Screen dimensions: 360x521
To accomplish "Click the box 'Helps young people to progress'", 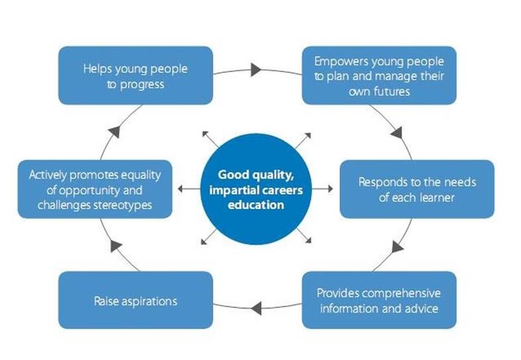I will [x=136, y=75].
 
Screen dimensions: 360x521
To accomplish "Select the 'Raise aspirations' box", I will [x=136, y=300].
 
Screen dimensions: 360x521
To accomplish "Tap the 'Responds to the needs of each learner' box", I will [x=416, y=189].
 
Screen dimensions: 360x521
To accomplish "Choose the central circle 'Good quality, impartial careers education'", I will [x=256, y=189].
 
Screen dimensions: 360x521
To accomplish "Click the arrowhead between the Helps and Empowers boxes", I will [x=258, y=69].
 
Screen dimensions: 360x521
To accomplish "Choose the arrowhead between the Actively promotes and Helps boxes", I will [x=115, y=131].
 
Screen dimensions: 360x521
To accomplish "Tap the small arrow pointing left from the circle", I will [x=181, y=189].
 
